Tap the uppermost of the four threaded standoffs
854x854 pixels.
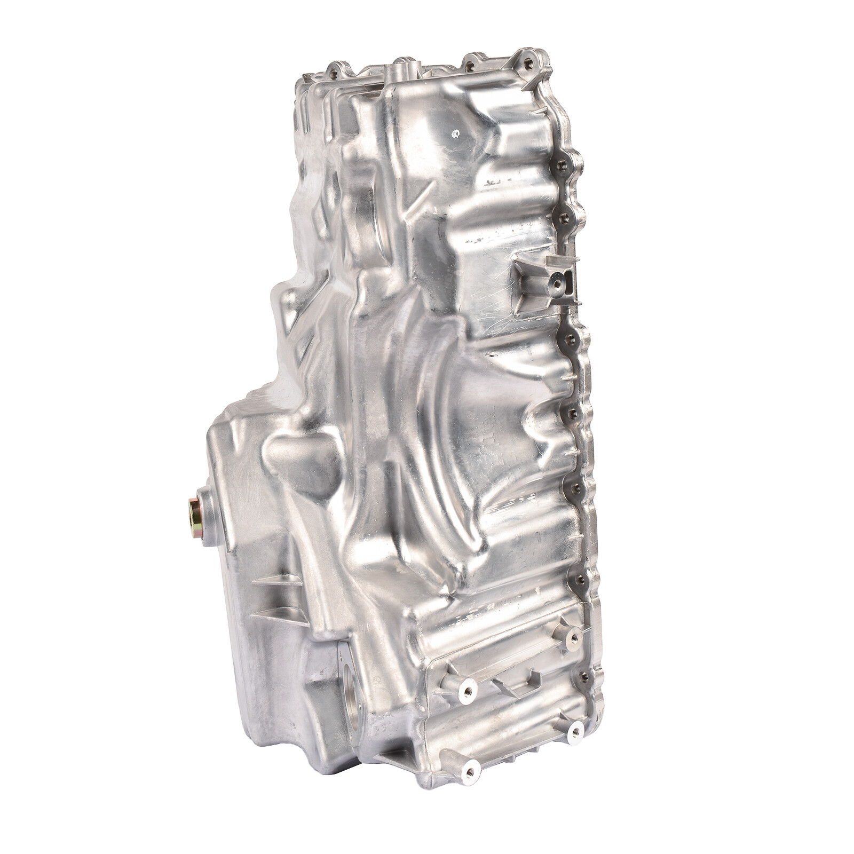[574, 636]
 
